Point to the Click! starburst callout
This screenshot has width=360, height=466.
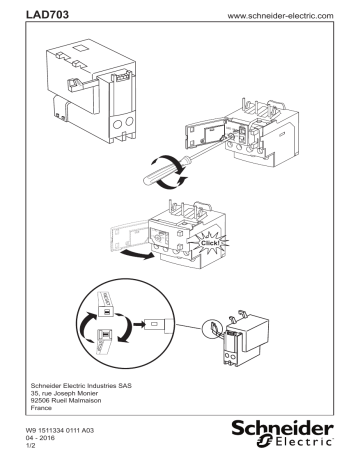tap(242, 242)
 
